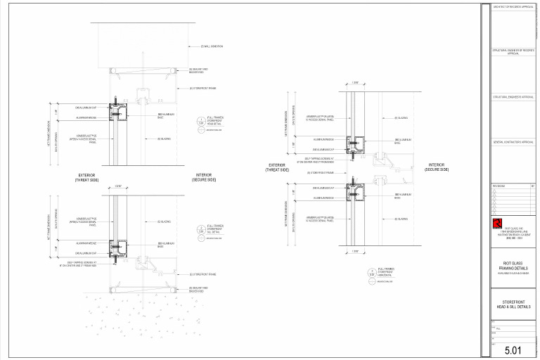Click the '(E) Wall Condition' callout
click(x=212, y=46)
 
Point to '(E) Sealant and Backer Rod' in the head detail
click(x=200, y=70)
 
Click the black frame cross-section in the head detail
click(x=118, y=111)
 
